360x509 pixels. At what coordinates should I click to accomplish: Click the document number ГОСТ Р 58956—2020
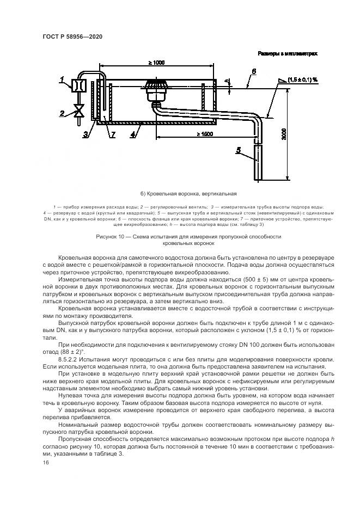coord(72,36)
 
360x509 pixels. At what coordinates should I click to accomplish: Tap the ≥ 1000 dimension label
coord(156,63)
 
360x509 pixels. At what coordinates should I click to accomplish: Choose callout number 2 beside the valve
coord(63,113)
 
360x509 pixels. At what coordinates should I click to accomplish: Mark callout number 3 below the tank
coord(85,133)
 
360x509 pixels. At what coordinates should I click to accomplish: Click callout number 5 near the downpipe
coord(238,150)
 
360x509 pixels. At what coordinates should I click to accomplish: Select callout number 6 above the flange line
coord(253,71)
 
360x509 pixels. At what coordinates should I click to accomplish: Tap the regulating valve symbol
coord(80,112)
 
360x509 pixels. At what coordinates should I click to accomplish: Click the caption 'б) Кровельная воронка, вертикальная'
coord(180,193)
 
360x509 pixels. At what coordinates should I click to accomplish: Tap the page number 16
coord(45,462)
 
